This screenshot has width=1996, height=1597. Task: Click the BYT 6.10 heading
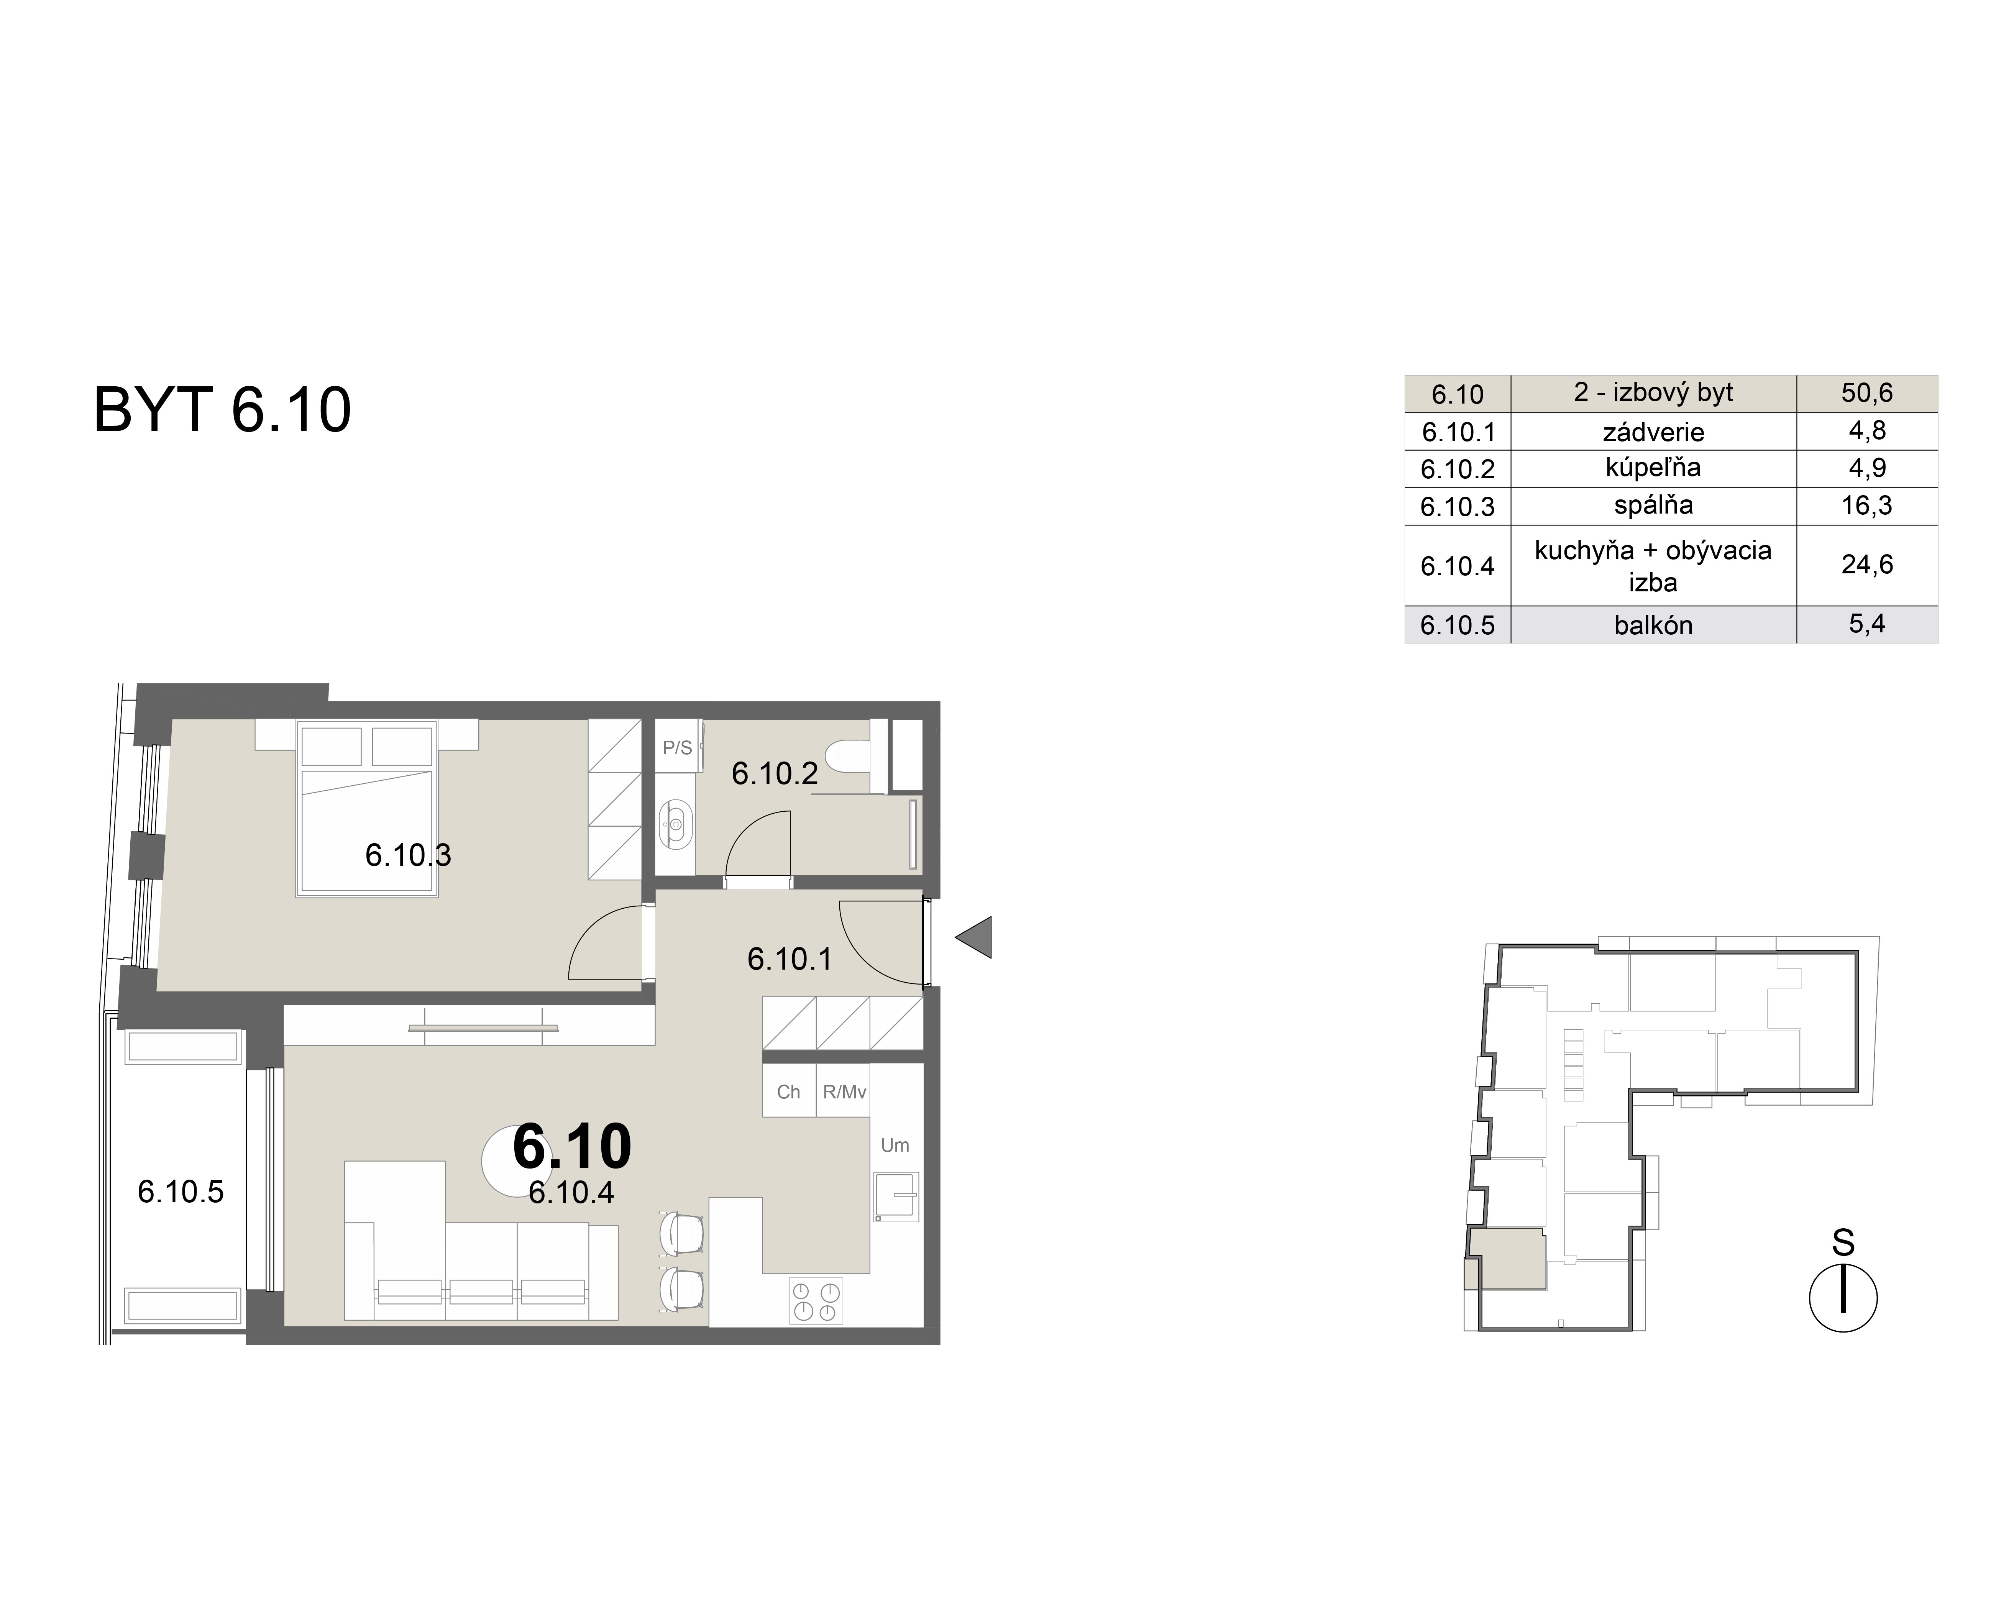tap(222, 410)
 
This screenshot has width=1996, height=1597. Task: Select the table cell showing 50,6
tap(1866, 394)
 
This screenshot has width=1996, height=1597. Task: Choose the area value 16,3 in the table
tap(1866, 506)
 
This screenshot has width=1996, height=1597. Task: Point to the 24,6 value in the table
tap(1866, 565)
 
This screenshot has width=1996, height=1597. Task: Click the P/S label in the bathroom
tap(677, 748)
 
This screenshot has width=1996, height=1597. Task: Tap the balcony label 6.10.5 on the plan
tap(181, 1192)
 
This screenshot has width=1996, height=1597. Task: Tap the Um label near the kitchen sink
tap(894, 1145)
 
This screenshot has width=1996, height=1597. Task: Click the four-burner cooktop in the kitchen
tap(816, 1301)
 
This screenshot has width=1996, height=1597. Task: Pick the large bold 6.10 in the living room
tap(572, 1146)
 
